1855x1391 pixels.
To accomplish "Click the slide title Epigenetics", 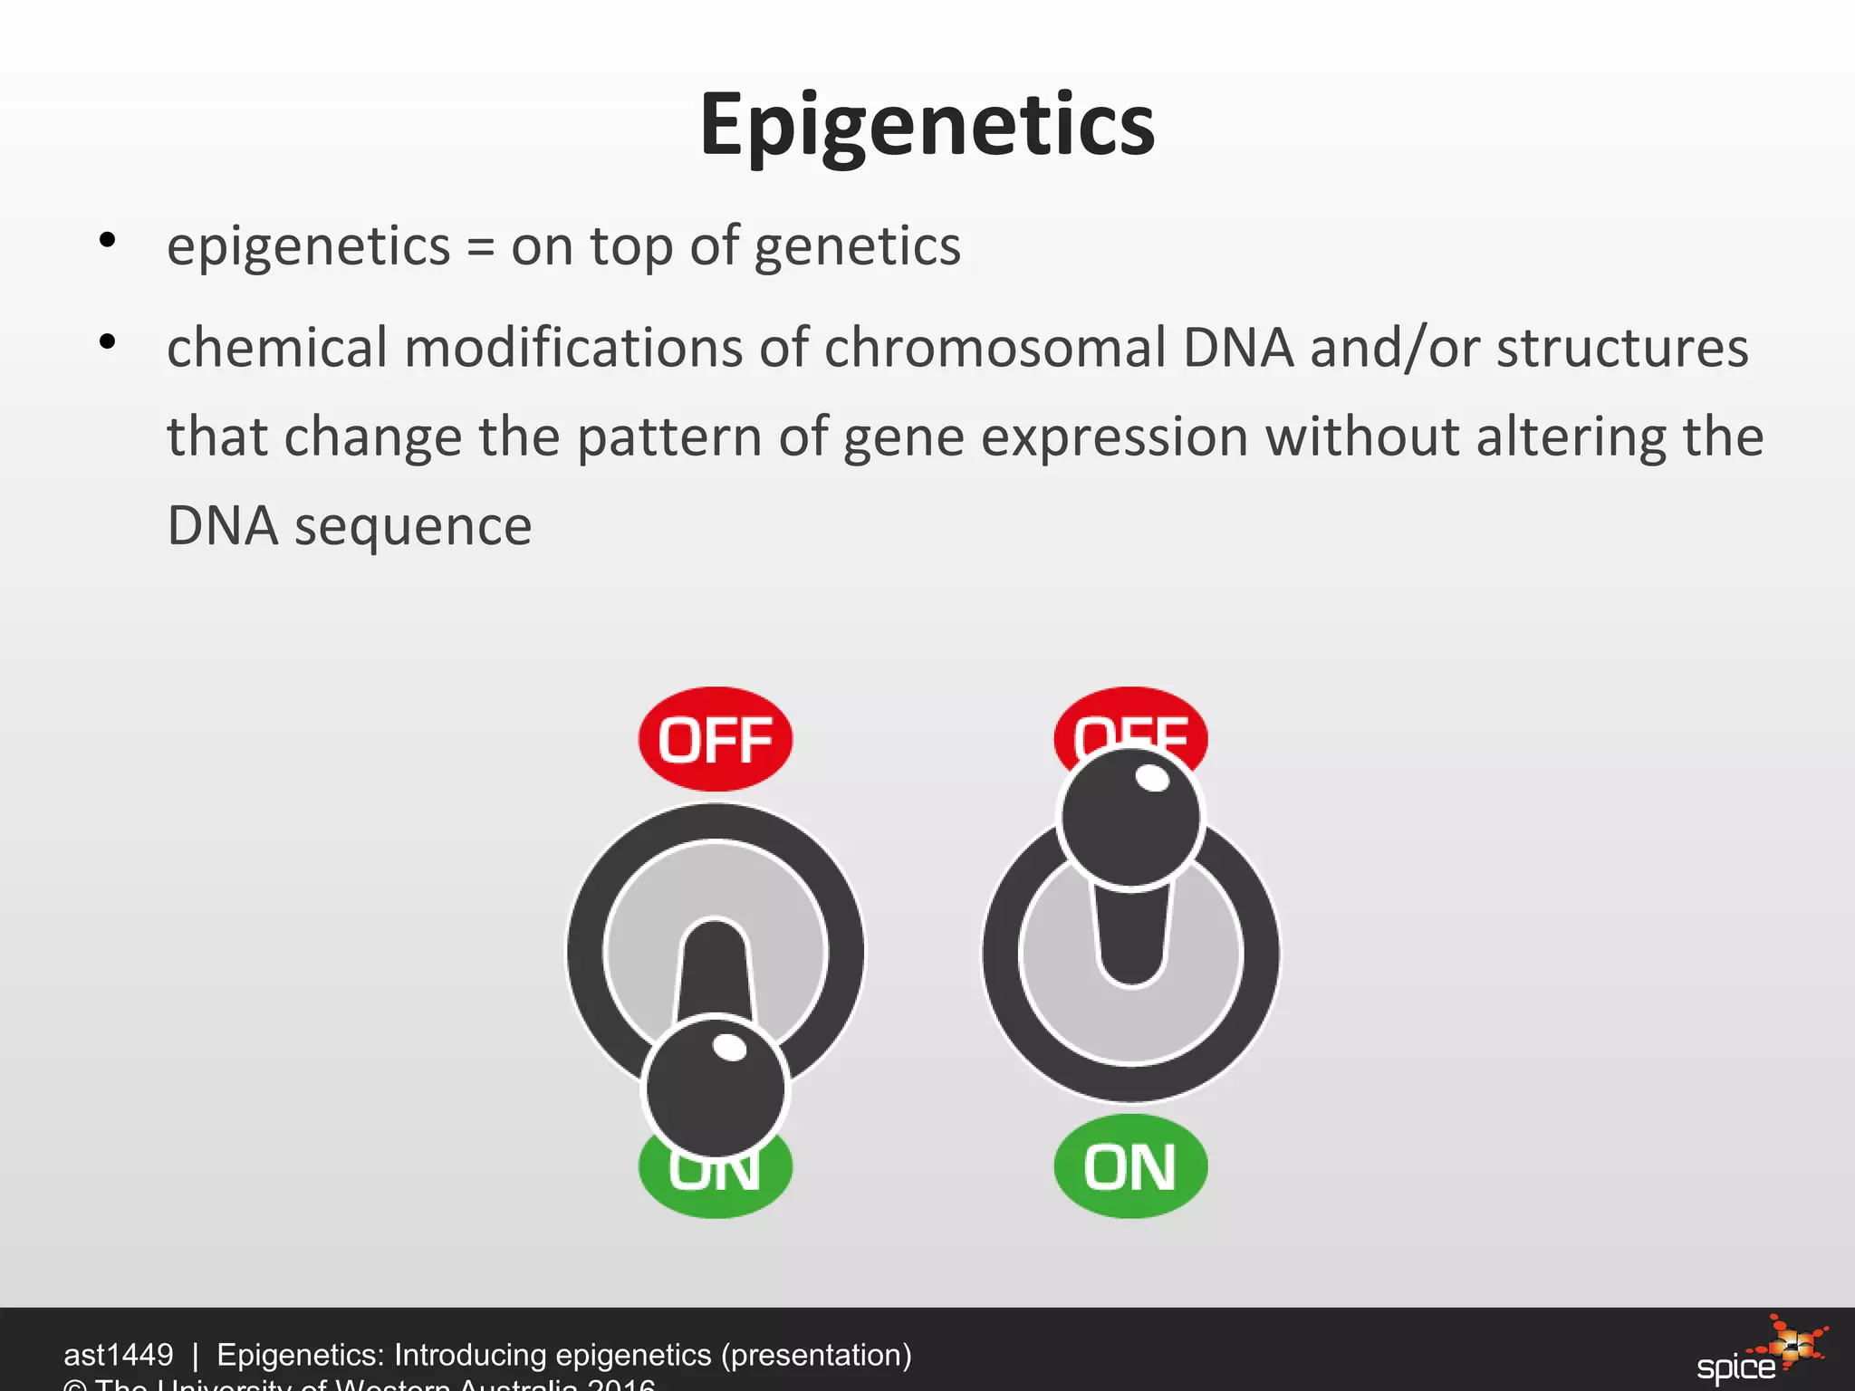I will tap(927, 125).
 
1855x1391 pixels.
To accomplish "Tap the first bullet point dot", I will tap(108, 240).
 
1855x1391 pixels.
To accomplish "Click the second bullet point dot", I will tap(108, 342).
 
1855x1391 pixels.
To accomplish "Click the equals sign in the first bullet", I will tap(480, 247).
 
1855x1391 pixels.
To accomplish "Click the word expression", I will tap(1114, 438).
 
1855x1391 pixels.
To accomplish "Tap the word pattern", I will tap(668, 438).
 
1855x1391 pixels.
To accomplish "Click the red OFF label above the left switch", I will tap(715, 740).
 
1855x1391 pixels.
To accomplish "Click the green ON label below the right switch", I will tap(1130, 1166).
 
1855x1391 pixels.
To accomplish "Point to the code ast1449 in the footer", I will tap(118, 1355).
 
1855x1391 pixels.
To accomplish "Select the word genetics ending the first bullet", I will tap(857, 247).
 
